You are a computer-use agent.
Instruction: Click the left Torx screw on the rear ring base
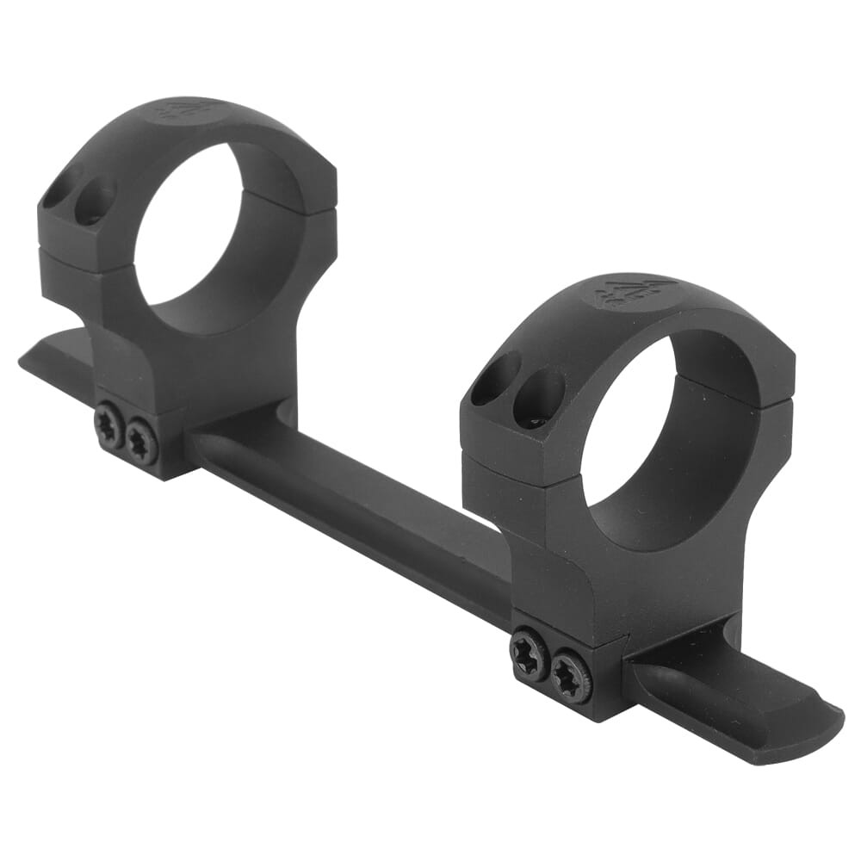tap(109, 427)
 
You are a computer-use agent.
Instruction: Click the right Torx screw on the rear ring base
tap(141, 443)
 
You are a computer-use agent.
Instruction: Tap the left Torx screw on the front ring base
tap(529, 655)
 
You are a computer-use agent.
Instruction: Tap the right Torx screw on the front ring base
tap(571, 675)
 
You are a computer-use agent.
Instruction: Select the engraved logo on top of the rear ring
tap(177, 111)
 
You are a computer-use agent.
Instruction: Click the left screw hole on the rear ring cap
tap(62, 187)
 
